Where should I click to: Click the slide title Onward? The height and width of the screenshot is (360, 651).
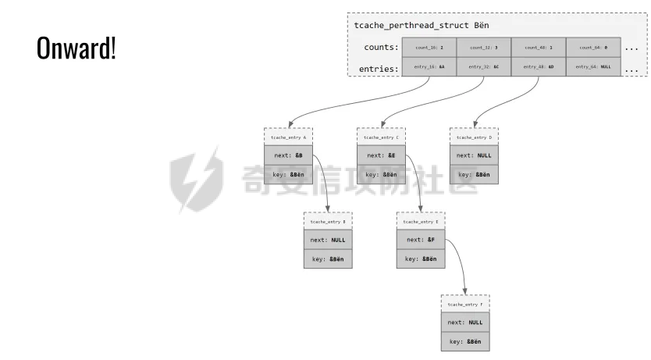76,48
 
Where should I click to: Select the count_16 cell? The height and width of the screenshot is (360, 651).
429,48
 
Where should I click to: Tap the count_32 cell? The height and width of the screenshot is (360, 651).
483,48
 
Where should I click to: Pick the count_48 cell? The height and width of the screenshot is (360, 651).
539,48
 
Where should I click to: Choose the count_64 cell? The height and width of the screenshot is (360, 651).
593,48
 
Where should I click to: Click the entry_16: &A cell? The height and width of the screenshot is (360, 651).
429,67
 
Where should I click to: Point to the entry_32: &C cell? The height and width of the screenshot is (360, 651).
483,67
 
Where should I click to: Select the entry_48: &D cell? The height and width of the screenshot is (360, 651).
539,67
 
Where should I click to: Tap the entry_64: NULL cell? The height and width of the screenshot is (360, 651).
593,67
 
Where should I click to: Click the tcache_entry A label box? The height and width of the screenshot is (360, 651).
288,137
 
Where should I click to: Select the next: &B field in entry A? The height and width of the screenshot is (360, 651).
288,155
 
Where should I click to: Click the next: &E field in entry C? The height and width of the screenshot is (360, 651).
381,155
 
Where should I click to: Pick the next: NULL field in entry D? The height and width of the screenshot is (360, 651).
474,155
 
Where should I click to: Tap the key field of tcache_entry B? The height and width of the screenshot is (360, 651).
328,258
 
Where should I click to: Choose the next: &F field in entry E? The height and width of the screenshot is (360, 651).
421,240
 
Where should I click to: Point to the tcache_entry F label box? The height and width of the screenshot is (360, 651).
465,304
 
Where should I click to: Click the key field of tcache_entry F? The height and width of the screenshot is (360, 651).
465,341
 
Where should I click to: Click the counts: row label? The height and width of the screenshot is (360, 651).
381,48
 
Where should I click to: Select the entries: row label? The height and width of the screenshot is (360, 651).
379,69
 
